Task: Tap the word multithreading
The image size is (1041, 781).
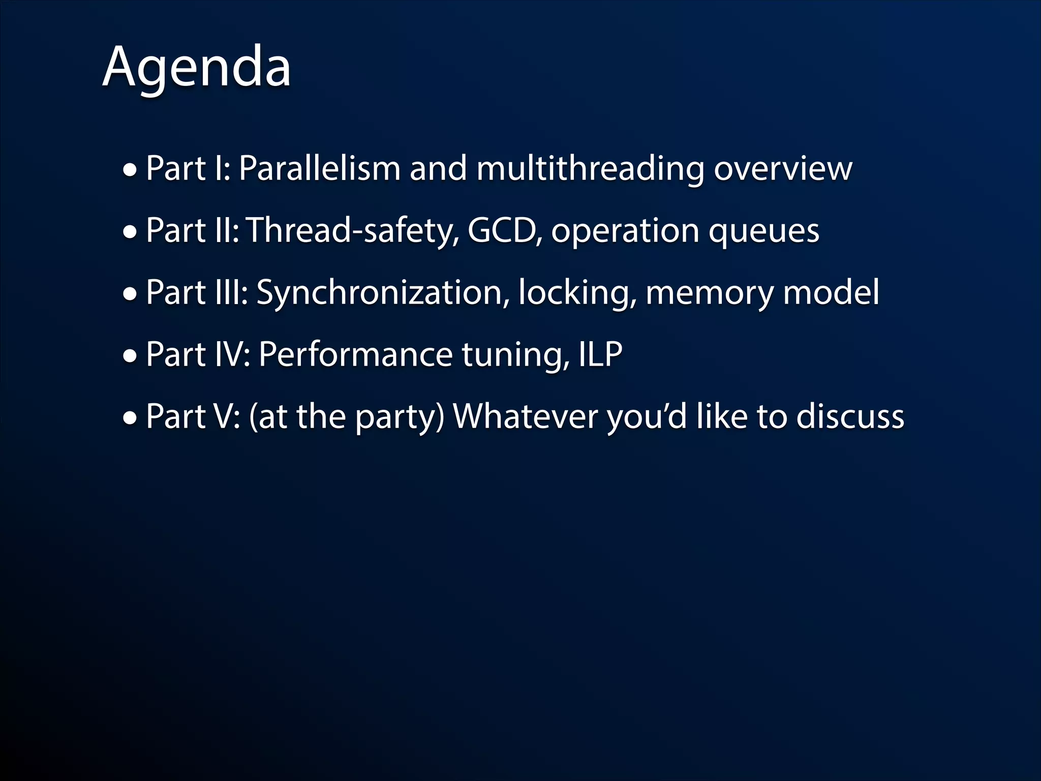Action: point(590,169)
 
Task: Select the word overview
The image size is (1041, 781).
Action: point(783,169)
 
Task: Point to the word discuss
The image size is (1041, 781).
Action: point(850,416)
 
